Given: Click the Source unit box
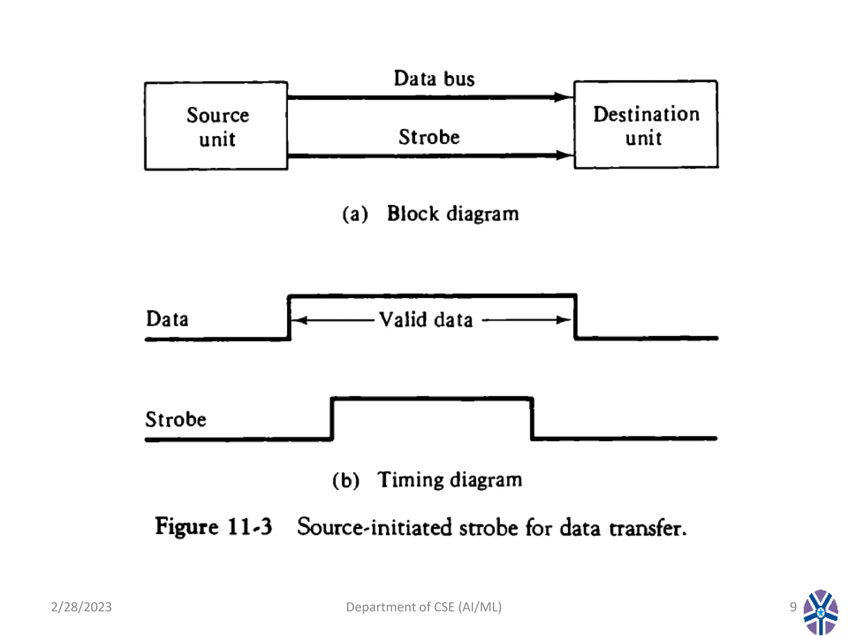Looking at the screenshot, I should point(216,126).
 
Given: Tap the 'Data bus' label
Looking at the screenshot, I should point(434,79).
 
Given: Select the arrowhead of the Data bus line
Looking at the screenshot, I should point(563,97).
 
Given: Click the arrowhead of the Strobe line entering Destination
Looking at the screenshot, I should point(564,155).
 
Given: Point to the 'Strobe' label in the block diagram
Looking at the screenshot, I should point(429,137).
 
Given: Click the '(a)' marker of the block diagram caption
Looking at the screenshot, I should point(355,214).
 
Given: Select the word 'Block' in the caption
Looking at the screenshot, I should point(412,214).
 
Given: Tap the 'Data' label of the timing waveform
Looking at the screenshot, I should point(167,319).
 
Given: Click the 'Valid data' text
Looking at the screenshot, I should point(426,320).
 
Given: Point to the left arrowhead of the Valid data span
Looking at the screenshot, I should point(299,320).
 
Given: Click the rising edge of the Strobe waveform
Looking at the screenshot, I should point(332,418).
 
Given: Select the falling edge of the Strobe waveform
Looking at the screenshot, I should point(532,418).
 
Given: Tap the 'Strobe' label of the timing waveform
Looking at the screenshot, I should point(176,419).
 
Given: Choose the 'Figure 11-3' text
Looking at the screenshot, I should point(213,527).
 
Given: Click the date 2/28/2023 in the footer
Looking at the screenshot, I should point(81,607).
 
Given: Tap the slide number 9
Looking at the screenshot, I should point(793,607).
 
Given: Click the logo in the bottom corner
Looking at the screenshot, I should point(820,612).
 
